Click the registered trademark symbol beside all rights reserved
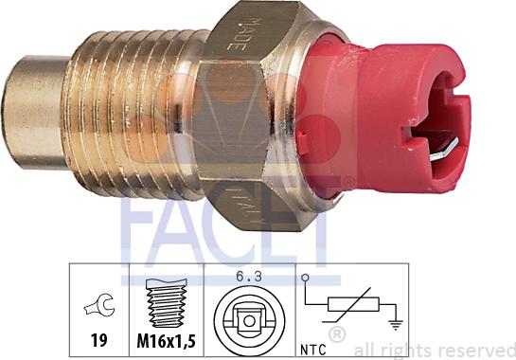336,334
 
